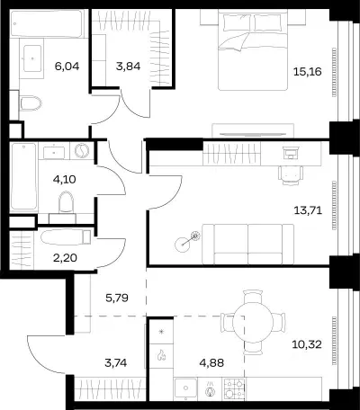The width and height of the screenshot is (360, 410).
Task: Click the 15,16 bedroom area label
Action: tap(308, 72)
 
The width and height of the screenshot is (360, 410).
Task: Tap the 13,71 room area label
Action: tap(308, 210)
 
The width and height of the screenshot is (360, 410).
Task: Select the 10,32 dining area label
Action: tap(307, 344)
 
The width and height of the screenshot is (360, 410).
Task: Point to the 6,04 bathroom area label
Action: tap(67, 66)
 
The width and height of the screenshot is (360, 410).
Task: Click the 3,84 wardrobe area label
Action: tap(128, 66)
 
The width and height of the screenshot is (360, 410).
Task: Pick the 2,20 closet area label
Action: tap(65, 257)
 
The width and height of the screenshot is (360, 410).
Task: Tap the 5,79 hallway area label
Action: tap(117, 298)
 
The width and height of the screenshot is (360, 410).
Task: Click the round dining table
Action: tap(253, 322)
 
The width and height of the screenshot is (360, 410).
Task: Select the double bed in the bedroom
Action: tap(253, 50)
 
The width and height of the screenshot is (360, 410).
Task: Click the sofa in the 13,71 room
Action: tap(248, 245)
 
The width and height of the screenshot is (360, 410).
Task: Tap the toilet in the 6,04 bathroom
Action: tap(31, 103)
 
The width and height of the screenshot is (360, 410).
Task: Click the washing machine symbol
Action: tap(82, 151)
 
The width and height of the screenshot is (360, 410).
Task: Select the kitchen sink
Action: tap(186, 388)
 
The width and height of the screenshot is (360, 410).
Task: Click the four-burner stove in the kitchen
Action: tap(234, 388)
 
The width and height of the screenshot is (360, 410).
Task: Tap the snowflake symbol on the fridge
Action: tap(161, 331)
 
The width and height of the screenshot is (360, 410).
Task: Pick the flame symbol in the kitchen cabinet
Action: tap(161, 354)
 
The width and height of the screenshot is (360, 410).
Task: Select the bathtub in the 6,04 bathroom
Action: tap(47, 24)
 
